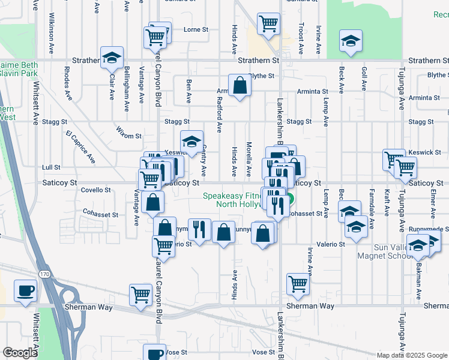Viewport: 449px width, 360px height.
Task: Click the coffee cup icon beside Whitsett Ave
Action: (x=25, y=291)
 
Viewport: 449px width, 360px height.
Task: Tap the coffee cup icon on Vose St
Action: (x=154, y=354)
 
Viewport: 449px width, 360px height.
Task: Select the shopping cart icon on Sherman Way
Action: (x=140, y=295)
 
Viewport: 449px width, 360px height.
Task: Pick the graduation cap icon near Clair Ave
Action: (x=112, y=57)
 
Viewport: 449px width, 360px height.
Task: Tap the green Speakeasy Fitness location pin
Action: (x=289, y=200)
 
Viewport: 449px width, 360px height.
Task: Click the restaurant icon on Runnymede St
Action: (x=199, y=229)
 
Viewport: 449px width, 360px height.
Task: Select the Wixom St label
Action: (x=128, y=137)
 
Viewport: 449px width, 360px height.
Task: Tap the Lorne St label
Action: (x=195, y=29)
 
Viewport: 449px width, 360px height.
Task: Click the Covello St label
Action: (x=95, y=190)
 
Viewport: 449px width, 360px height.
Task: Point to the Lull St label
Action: (x=52, y=167)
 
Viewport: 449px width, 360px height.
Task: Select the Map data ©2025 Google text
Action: (x=412, y=355)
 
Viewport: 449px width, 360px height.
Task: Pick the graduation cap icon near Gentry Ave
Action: (x=191, y=142)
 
